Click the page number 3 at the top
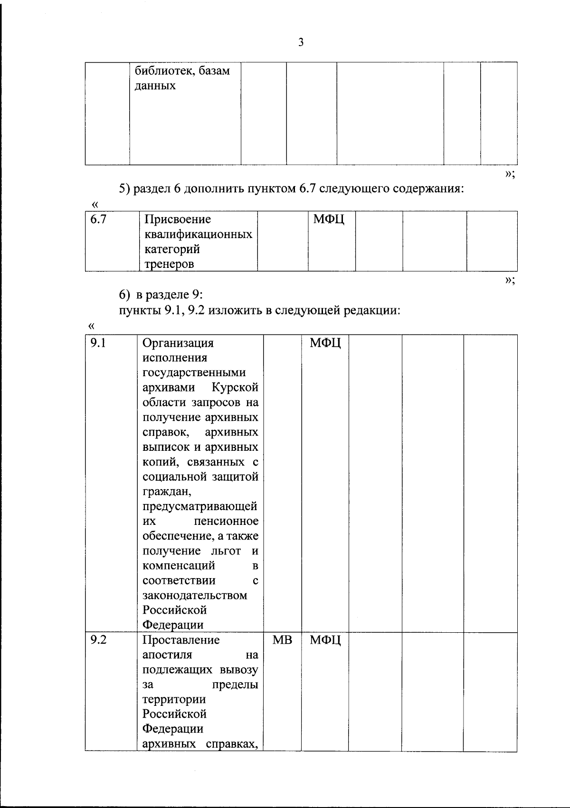point(301,42)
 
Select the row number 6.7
point(98,219)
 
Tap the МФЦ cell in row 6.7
point(329,219)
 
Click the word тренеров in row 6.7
point(169,264)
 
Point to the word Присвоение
point(178,219)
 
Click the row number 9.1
point(98,342)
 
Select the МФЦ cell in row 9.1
point(325,342)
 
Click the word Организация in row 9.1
point(178,342)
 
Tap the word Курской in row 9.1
point(235,387)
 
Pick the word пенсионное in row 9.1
point(226,521)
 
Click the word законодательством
point(195,595)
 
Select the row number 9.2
point(98,640)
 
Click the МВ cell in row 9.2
point(282,640)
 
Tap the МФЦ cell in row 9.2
point(325,640)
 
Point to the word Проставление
point(181,640)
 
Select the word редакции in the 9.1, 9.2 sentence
point(375,311)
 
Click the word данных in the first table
point(155,86)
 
